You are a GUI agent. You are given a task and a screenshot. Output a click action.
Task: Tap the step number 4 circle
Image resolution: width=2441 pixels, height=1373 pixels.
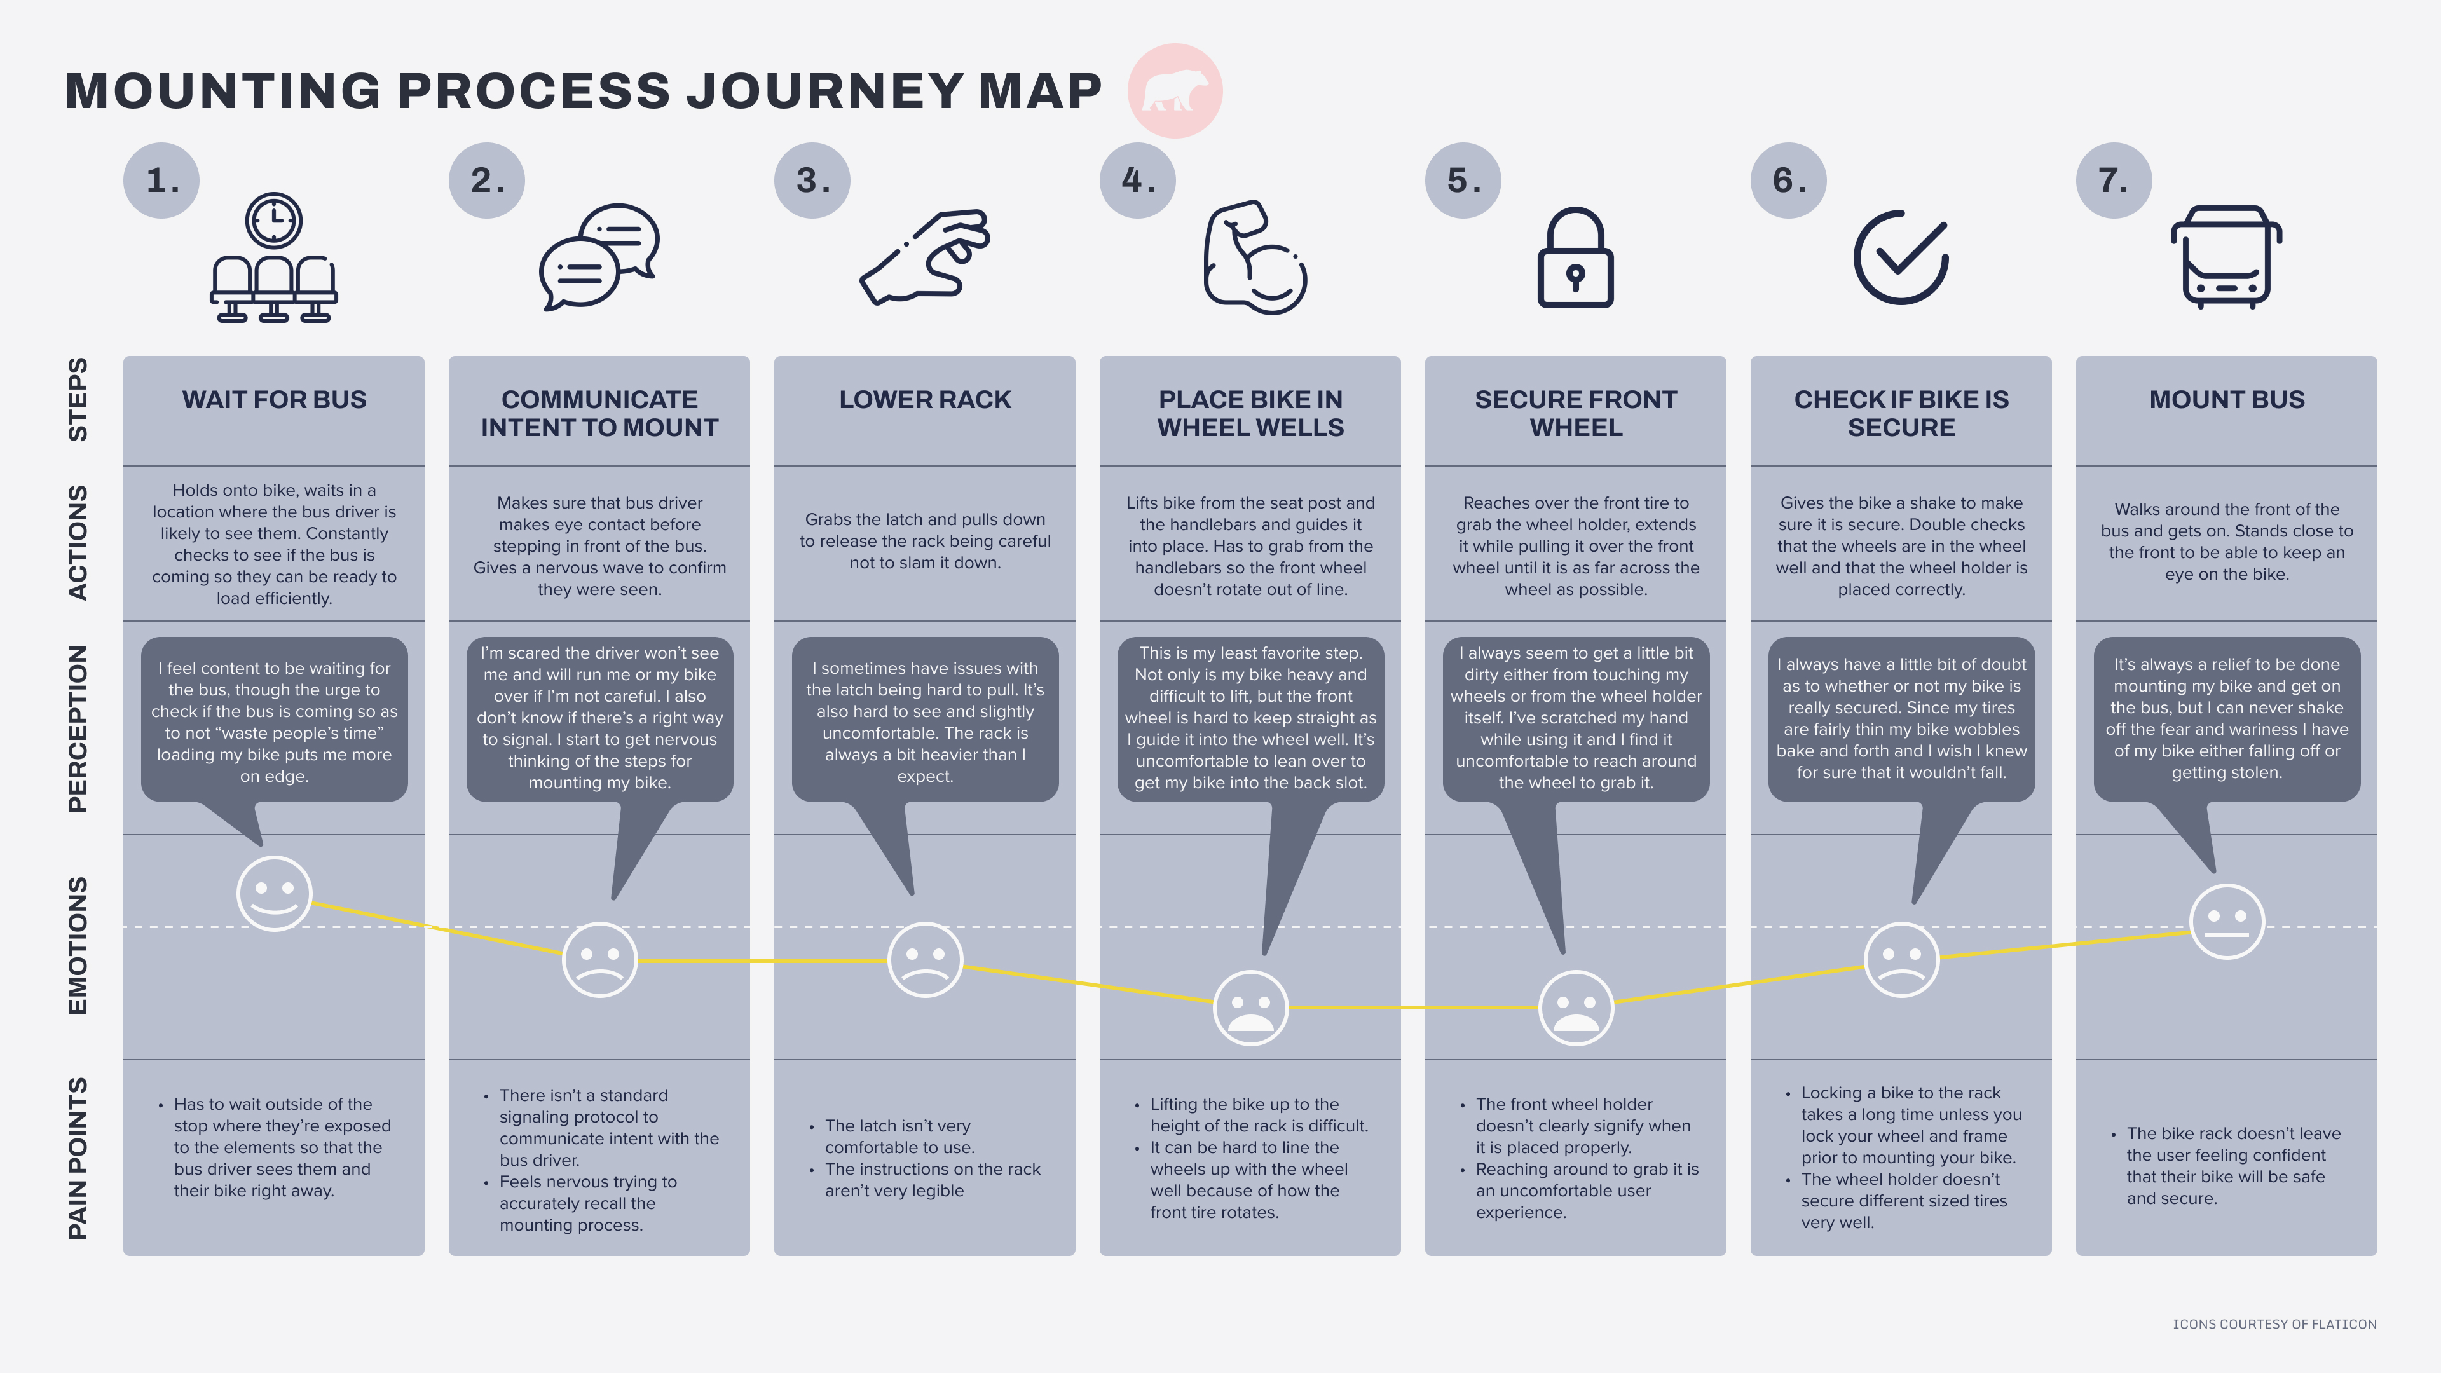tap(1137, 180)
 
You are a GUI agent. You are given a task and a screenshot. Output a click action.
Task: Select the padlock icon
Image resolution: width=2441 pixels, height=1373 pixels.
tap(1575, 257)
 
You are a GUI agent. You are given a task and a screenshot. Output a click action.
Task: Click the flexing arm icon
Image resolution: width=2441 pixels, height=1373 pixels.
tap(1253, 257)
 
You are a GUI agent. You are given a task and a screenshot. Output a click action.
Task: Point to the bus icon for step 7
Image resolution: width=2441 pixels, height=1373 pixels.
tap(2226, 257)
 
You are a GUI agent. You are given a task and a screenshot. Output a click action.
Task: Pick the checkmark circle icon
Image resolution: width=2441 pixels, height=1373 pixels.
tap(1901, 257)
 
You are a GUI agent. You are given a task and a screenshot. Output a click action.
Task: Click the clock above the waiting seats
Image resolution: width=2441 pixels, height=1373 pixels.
tap(274, 221)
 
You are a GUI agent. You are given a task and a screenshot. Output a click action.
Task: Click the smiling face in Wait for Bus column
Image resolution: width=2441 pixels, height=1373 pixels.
tap(274, 894)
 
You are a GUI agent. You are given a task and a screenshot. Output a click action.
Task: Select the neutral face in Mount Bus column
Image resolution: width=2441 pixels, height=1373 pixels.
tap(2227, 921)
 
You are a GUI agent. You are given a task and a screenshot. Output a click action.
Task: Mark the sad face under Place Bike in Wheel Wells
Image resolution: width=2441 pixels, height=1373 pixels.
tap(1251, 1008)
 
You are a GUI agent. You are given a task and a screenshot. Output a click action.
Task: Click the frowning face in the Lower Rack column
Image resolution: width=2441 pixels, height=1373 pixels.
tap(925, 959)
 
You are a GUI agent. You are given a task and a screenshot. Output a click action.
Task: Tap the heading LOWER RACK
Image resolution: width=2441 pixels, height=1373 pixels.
tap(925, 400)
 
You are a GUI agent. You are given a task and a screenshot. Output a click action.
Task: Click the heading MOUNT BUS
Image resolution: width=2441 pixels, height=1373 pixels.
tap(2227, 400)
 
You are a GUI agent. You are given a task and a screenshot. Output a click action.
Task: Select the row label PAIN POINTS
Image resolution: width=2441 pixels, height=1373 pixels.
tap(78, 1158)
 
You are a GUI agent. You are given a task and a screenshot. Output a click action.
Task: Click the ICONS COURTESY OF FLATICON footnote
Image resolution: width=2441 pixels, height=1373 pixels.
tap(2274, 1323)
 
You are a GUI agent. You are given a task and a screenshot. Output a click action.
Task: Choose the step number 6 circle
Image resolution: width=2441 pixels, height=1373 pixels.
tap(1788, 180)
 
